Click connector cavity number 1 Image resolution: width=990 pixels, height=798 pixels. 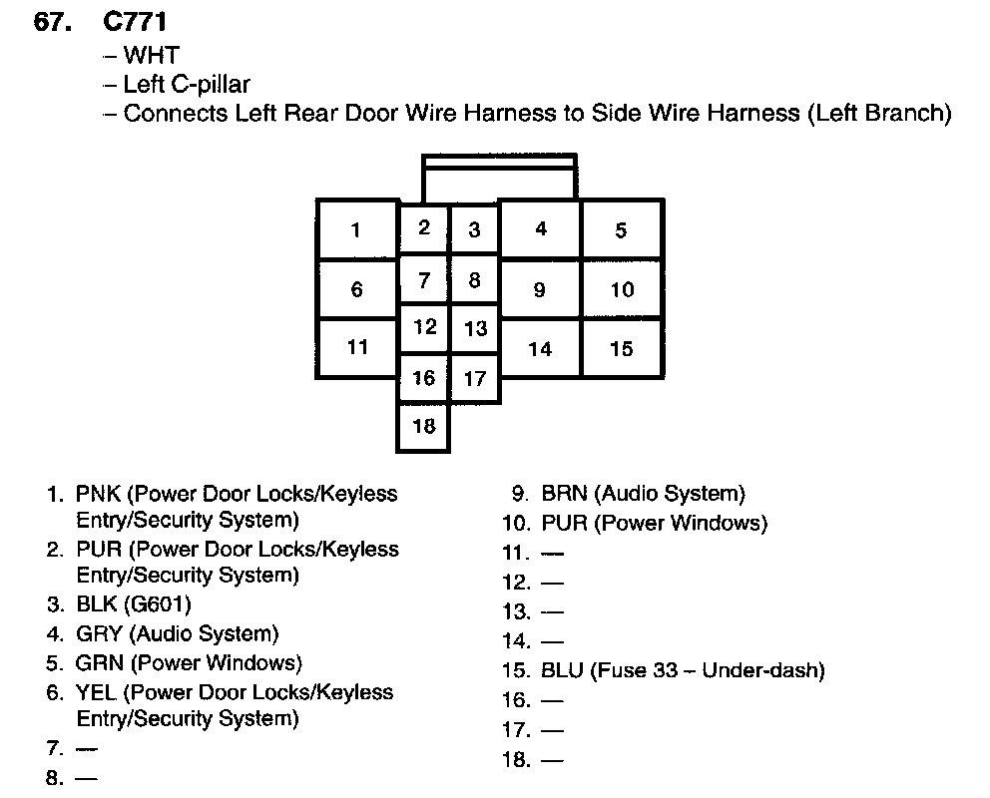click(x=356, y=230)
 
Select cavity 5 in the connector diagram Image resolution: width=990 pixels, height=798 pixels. click(x=621, y=230)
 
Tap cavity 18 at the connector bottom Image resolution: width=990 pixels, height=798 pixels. click(x=424, y=426)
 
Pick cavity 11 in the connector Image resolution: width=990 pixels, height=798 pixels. click(x=357, y=347)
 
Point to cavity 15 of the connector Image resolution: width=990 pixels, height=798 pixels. click(x=621, y=349)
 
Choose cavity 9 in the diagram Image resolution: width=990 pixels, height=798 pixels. click(x=539, y=290)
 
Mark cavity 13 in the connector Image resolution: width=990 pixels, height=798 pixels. click(x=475, y=328)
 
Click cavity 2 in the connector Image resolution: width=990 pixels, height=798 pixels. click(x=424, y=227)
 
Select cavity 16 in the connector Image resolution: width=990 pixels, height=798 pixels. click(x=424, y=377)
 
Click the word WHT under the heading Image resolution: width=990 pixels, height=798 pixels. click(x=151, y=54)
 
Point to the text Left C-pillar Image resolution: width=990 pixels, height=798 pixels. click(x=187, y=84)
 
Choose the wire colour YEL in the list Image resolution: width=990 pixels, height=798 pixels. click(x=95, y=692)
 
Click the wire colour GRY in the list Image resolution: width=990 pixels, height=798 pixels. click(x=98, y=633)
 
